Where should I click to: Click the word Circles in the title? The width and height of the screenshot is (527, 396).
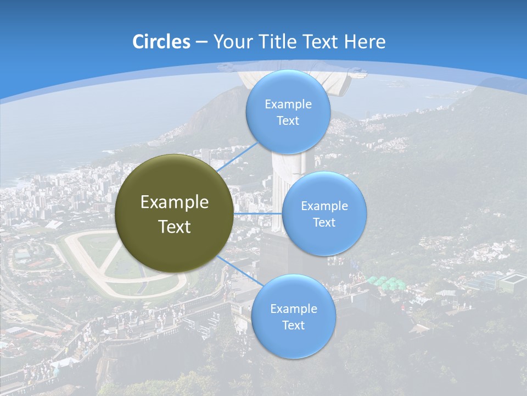161,42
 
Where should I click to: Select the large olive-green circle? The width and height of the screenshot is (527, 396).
174,213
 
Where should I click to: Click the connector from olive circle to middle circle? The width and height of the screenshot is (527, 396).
257,213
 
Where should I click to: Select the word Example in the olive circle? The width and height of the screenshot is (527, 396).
174,202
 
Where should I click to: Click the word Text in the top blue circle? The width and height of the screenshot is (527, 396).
288,121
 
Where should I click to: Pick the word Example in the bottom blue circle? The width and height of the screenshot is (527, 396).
293,309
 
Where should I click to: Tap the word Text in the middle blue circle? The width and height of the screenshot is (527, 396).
324,223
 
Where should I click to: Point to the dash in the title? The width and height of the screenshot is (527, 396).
201,42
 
